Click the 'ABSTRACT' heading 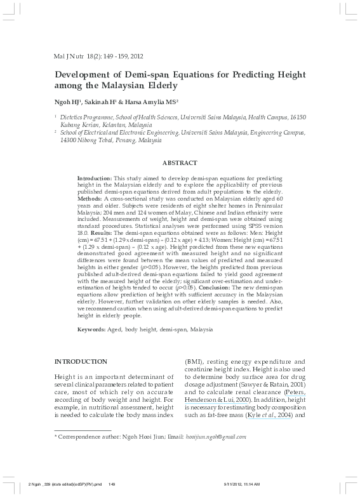[180, 163]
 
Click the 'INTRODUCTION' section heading [81, 361]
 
